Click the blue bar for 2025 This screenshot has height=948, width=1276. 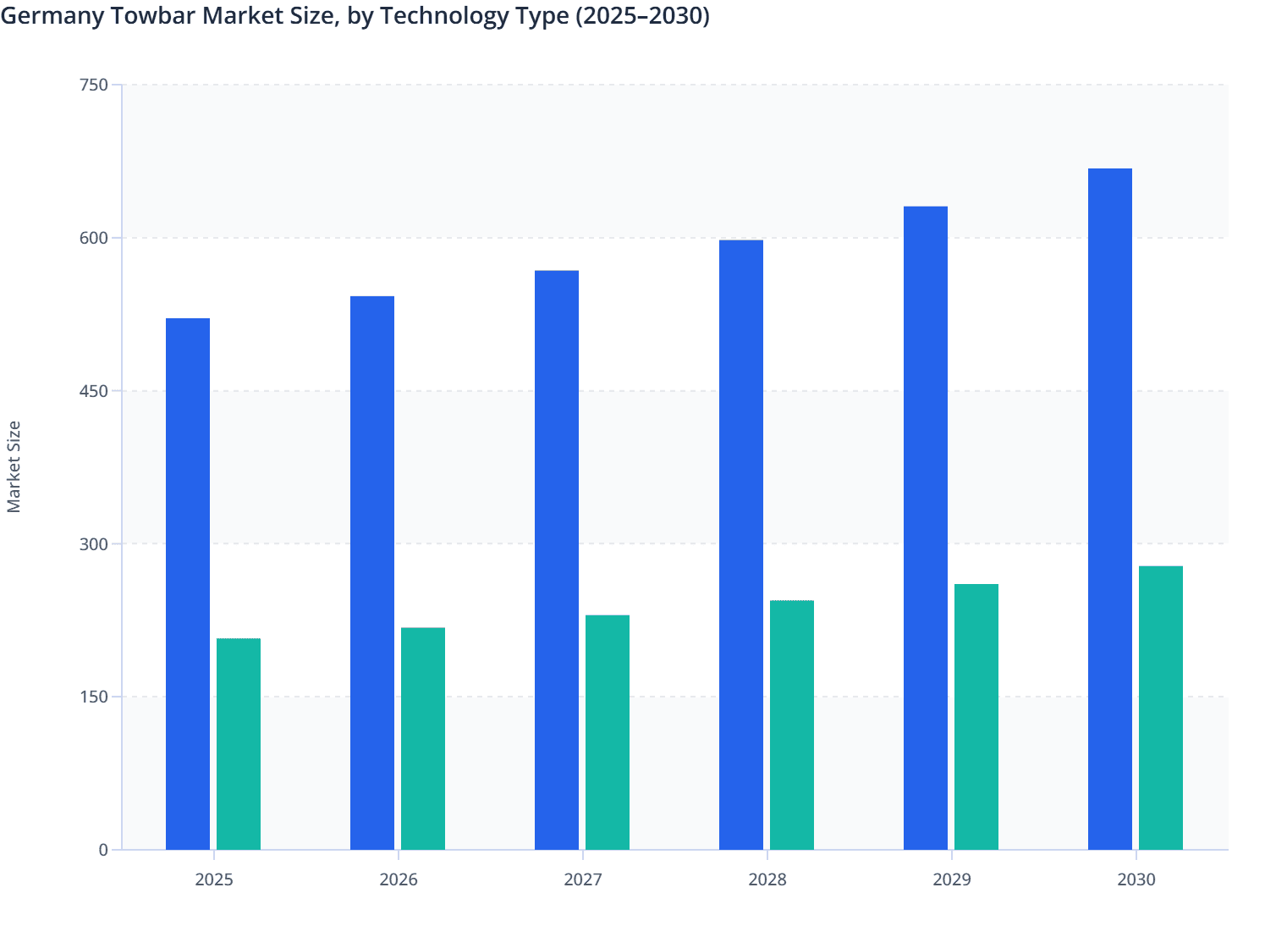(x=188, y=584)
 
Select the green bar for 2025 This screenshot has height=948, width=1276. (x=239, y=744)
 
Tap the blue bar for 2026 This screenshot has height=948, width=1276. (x=372, y=573)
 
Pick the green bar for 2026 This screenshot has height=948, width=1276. (x=423, y=739)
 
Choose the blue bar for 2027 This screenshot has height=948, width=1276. (x=557, y=560)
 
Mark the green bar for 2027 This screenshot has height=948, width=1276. (x=608, y=732)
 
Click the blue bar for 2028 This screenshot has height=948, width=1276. (x=741, y=545)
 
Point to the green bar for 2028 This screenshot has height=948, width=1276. (x=792, y=725)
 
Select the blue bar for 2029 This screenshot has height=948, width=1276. (x=926, y=528)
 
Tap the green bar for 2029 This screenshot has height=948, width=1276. (x=976, y=717)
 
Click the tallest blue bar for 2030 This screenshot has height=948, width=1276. (x=1110, y=509)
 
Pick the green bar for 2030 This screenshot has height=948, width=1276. (x=1161, y=708)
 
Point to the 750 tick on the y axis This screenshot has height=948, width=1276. (x=93, y=85)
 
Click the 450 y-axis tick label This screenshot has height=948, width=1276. (x=93, y=391)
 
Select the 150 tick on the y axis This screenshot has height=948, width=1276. (x=93, y=697)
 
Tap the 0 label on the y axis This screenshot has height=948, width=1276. (x=103, y=850)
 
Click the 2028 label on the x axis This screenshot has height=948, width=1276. (x=767, y=879)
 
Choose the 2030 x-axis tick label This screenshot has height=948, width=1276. (x=1136, y=879)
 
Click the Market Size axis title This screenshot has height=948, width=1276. (x=14, y=466)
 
